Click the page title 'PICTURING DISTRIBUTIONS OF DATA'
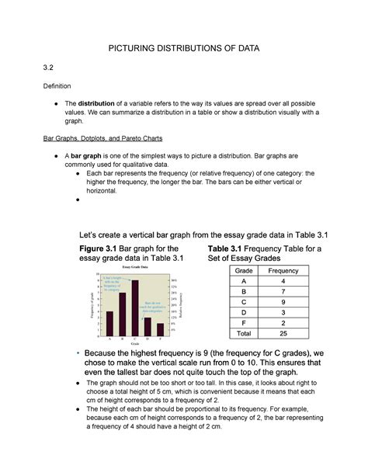tap(184, 49)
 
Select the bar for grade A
tap(109, 323)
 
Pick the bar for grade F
tap(160, 329)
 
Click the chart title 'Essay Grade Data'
tap(134, 266)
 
